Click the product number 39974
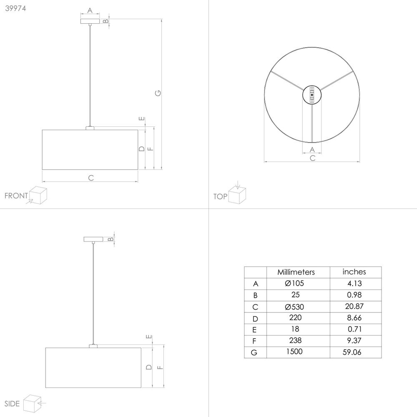15,8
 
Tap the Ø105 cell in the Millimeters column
294,284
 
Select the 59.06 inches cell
352,352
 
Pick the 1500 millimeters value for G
294,352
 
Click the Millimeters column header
296,272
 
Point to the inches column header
354,272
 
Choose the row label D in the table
255,319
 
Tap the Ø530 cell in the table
294,307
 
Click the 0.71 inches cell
355,329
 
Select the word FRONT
16,196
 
